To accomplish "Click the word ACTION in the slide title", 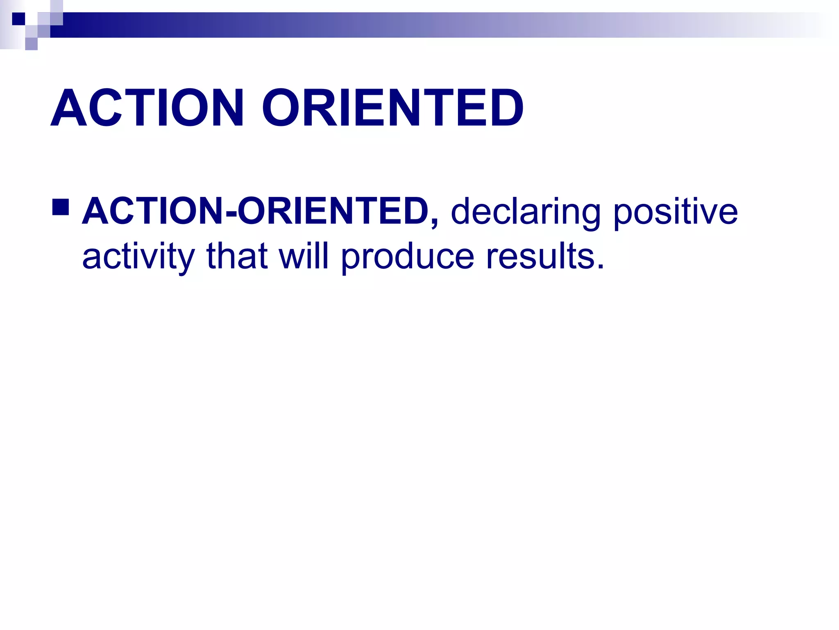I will pyautogui.click(x=147, y=108).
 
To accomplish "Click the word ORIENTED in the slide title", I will pyautogui.click(x=392, y=108).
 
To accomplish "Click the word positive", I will pyautogui.click(x=676, y=212).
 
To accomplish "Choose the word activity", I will pyautogui.click(x=138, y=257).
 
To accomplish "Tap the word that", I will pyautogui.click(x=237, y=256).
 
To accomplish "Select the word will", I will pyautogui.click(x=304, y=256).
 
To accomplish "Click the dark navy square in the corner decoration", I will pyautogui.click(x=18, y=19).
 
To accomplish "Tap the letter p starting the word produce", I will pyautogui.click(x=350, y=259).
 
